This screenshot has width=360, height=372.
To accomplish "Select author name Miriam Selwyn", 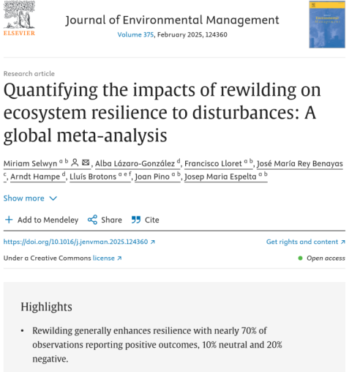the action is click(x=30, y=163).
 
